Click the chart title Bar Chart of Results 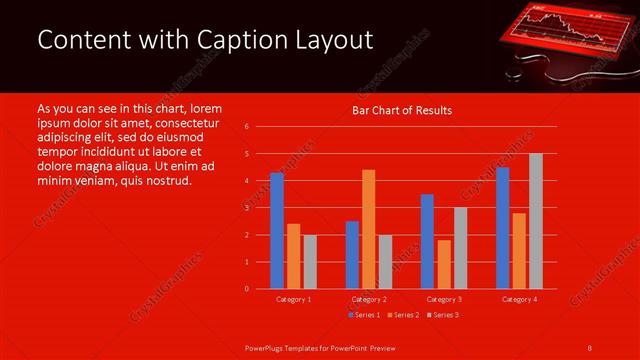(401, 110)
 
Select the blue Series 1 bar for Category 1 (277, 231)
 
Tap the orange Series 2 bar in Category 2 (368, 229)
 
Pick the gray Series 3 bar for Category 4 (536, 221)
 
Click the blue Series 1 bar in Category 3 (427, 241)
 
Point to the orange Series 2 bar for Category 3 (444, 264)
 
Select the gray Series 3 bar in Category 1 (310, 261)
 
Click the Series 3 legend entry (443, 315)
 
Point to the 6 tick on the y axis (246, 127)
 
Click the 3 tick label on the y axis (246, 208)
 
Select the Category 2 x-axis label (369, 299)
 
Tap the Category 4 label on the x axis (519, 299)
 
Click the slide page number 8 (590, 347)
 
